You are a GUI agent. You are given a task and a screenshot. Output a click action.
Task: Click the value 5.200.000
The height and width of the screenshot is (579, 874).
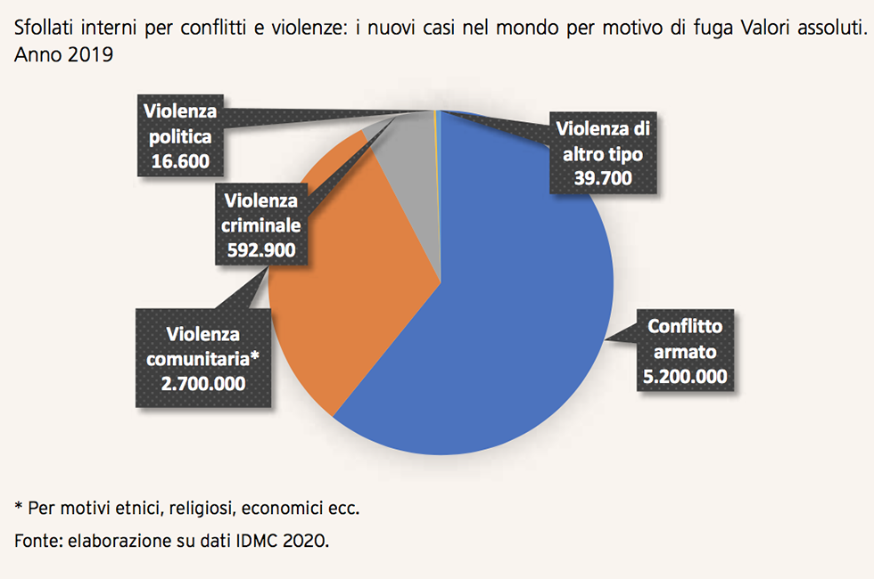coord(685,375)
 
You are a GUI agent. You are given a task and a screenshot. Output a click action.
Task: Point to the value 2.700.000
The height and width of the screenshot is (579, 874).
coord(203,382)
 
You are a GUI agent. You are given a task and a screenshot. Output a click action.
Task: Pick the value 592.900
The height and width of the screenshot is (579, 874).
coord(257,249)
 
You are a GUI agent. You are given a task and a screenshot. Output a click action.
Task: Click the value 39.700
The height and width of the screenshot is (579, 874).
coord(603,177)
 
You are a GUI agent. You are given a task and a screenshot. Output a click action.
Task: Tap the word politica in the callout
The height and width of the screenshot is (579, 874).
coord(180,137)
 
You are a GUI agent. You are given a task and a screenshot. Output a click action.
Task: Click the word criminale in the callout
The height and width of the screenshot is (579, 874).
coord(257,225)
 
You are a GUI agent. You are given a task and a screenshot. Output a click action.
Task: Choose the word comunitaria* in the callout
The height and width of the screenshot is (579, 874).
coord(203,358)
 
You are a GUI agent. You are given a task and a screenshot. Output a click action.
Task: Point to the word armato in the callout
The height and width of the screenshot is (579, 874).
coord(684,351)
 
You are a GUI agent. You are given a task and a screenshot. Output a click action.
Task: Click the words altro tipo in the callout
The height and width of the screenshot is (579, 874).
coord(603,153)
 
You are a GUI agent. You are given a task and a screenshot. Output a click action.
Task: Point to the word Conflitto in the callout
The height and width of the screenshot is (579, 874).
coord(685,327)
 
